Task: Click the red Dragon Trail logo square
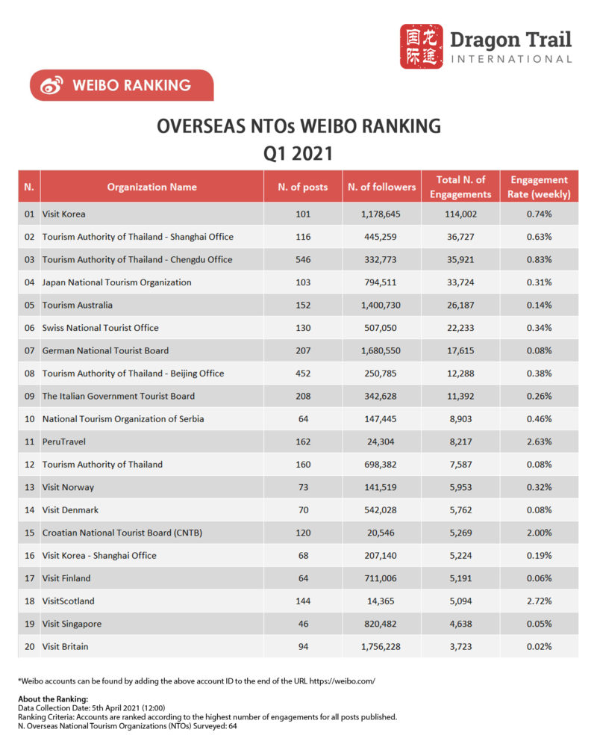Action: pyautogui.click(x=421, y=46)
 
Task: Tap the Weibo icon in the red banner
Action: pyautogui.click(x=51, y=85)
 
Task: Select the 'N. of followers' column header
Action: pyautogui.click(x=381, y=187)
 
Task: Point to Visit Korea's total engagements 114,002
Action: pyautogui.click(x=460, y=214)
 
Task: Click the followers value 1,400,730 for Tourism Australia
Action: pyautogui.click(x=381, y=305)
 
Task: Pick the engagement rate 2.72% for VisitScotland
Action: pyautogui.click(x=539, y=601)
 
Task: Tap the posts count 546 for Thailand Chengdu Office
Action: pyautogui.click(x=302, y=259)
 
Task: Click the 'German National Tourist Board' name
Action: pyautogui.click(x=105, y=350)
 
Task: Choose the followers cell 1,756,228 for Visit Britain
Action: pyautogui.click(x=381, y=646)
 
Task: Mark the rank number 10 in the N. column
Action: pyautogui.click(x=29, y=419)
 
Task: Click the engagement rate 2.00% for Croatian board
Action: pyautogui.click(x=539, y=533)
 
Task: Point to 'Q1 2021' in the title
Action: pyautogui.click(x=298, y=153)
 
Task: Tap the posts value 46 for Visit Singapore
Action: pyautogui.click(x=302, y=624)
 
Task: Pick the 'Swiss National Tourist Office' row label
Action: pyautogui.click(x=100, y=327)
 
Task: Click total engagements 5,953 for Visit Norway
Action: pyautogui.click(x=460, y=487)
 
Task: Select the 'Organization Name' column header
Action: pyautogui.click(x=151, y=187)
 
